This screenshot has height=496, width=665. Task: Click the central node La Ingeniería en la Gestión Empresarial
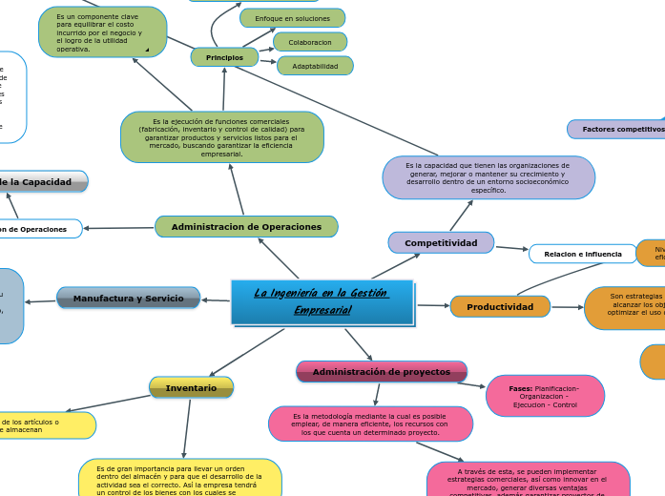[x=322, y=301]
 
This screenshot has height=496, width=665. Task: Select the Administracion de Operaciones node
[x=246, y=227]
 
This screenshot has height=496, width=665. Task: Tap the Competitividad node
[x=441, y=243]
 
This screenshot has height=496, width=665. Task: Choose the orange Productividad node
[x=500, y=307]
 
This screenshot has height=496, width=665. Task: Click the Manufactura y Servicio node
[x=129, y=299]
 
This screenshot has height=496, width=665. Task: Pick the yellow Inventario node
[x=191, y=388]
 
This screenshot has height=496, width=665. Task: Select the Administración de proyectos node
[x=382, y=372]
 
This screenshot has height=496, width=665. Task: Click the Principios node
[x=224, y=58]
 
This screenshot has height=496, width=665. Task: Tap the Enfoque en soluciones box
[x=292, y=18]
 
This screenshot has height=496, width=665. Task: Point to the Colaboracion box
[x=310, y=42]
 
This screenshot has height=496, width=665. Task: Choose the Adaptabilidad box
[x=315, y=66]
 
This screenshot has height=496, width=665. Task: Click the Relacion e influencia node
[x=582, y=255]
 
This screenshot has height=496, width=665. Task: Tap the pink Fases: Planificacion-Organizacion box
[x=545, y=397]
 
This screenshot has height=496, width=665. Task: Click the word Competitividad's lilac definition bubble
[x=488, y=177]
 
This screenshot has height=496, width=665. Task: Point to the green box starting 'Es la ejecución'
[x=222, y=137]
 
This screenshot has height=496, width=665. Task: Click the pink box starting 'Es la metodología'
[x=370, y=424]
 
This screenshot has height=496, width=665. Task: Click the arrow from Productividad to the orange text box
[x=568, y=307]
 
